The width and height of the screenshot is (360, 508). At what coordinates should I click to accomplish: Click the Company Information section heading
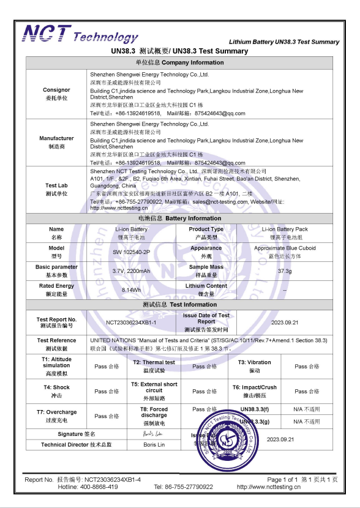click(x=180, y=62)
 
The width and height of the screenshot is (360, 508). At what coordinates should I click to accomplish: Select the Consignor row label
click(x=56, y=94)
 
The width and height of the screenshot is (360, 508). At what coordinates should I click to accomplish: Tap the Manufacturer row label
click(x=56, y=142)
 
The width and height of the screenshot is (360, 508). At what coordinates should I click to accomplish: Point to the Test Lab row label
click(x=56, y=189)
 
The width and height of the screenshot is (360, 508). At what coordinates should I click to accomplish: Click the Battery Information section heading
click(x=180, y=219)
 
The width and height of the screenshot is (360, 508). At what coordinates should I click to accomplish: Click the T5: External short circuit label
click(x=154, y=390)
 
